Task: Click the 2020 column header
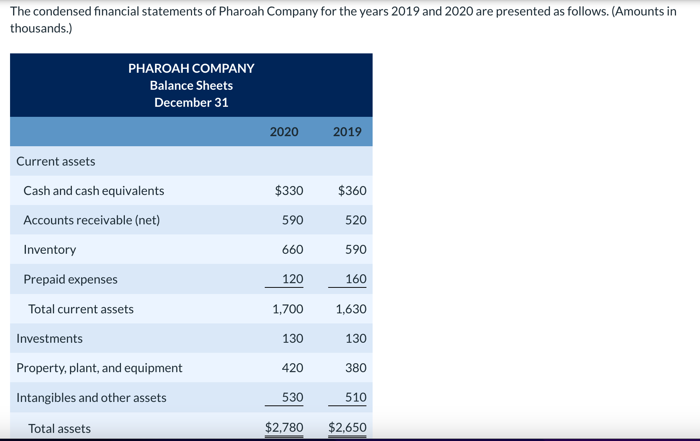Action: tap(284, 132)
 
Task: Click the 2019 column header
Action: tap(347, 132)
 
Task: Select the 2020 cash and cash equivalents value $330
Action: tap(289, 191)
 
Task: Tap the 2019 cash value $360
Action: tap(352, 191)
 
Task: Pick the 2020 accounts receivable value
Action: tap(293, 220)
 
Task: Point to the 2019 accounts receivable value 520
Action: tap(356, 220)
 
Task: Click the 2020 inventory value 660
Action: tap(293, 250)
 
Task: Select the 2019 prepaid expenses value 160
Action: tap(356, 279)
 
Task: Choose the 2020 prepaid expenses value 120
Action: tap(293, 279)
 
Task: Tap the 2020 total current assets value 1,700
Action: tap(288, 309)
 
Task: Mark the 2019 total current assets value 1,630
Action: tap(351, 309)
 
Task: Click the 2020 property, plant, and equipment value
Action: tap(293, 368)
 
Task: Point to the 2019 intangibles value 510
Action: tap(356, 397)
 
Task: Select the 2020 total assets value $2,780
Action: tap(284, 427)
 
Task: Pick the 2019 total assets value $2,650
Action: tap(347, 427)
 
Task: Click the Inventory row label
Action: tap(50, 250)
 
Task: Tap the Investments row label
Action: tap(49, 338)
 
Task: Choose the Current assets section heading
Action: tap(56, 161)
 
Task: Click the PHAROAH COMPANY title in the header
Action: tap(191, 68)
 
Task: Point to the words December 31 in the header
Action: tap(191, 103)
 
